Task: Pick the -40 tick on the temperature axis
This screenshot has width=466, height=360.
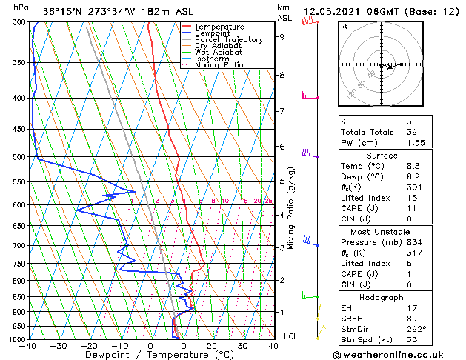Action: [x=29, y=346]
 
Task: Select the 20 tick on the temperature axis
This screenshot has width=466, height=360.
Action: [x=212, y=346]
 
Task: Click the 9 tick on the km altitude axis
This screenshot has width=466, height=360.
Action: [x=282, y=36]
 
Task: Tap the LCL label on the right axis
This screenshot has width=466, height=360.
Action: [x=292, y=336]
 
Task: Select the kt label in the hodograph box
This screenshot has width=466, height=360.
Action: [x=344, y=26]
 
